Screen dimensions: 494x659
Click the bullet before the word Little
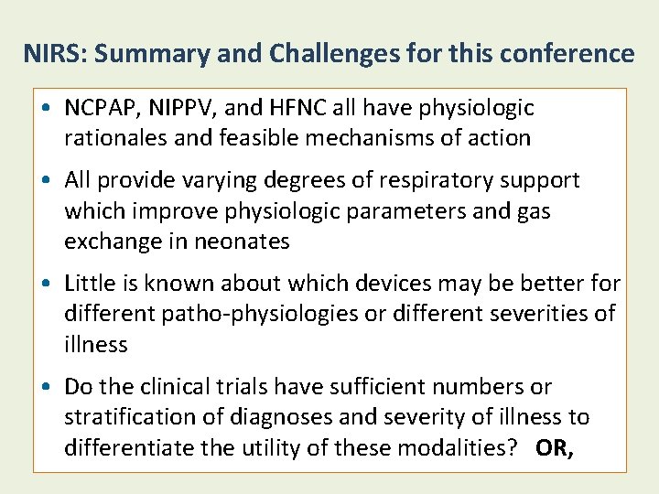click(x=46, y=285)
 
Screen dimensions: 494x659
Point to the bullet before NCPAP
click(x=46, y=109)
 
